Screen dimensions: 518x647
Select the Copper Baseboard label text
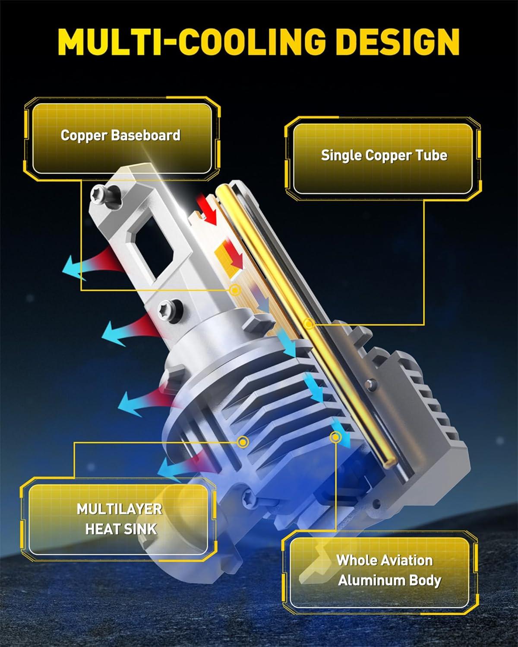point(120,135)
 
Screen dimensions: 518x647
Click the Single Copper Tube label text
point(384,156)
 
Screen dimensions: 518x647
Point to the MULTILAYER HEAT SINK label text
point(120,519)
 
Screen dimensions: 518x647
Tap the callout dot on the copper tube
point(308,324)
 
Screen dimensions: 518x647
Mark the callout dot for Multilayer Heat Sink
point(243,442)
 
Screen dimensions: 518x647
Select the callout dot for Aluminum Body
point(335,437)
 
